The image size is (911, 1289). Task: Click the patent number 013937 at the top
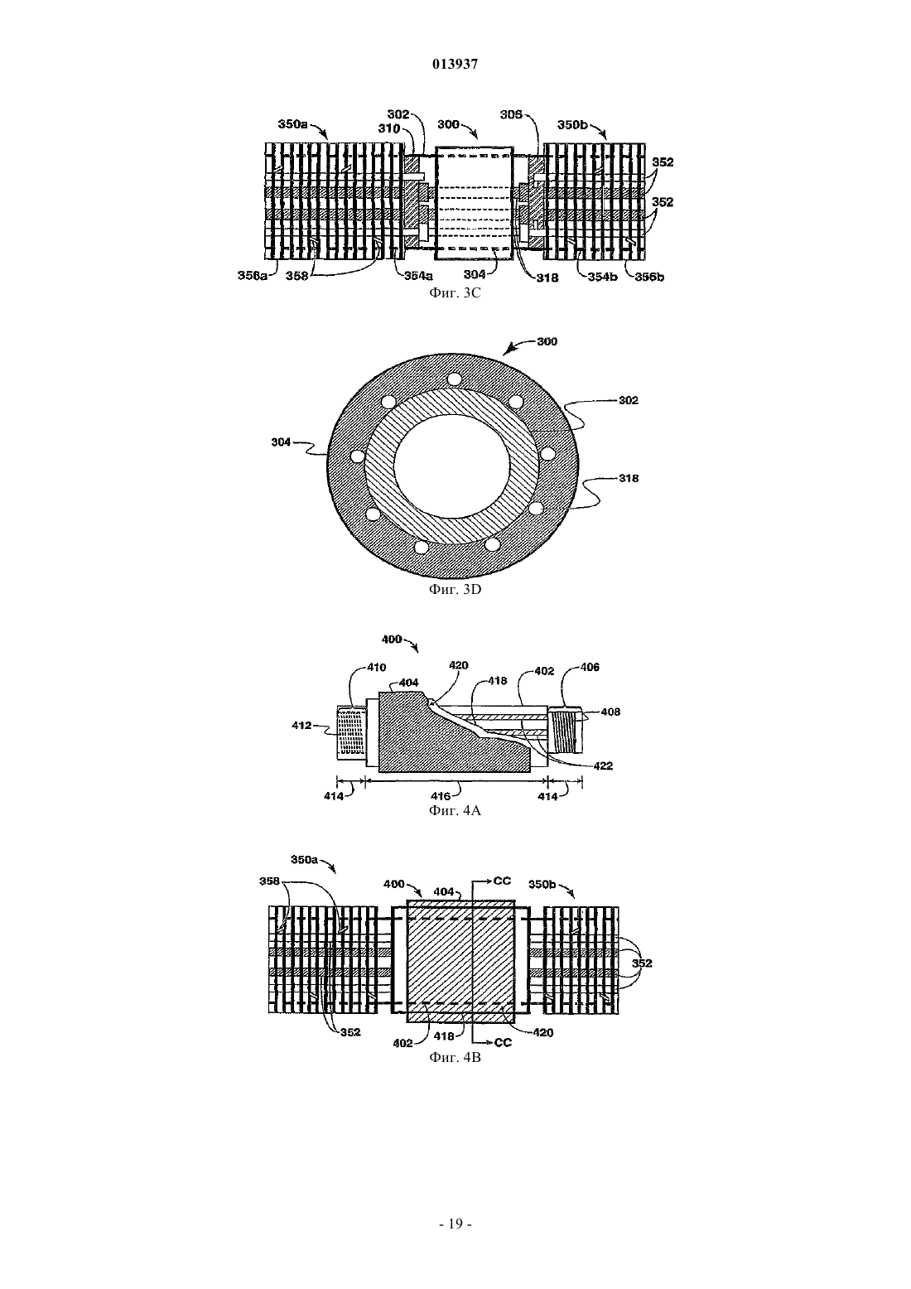tap(455, 65)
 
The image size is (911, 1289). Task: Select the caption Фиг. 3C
tap(455, 293)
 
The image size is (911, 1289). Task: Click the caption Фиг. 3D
tap(455, 589)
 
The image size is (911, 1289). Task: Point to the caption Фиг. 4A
tap(455, 811)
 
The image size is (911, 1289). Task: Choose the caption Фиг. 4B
tap(455, 1058)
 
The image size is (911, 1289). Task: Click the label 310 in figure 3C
tap(388, 128)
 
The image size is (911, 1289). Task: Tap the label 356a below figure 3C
tap(253, 276)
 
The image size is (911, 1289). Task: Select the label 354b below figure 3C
tap(602, 277)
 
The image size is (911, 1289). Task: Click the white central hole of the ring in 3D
tap(452, 463)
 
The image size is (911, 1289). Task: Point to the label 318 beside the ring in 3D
tap(629, 478)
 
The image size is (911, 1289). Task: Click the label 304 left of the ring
tap(282, 442)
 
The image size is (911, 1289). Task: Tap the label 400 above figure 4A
tap(393, 640)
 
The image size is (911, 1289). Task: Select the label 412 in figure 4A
tap(302, 726)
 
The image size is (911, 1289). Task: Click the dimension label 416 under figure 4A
tap(441, 796)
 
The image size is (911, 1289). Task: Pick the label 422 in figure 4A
tap(603, 766)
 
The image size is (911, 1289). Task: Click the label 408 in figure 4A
tap(610, 712)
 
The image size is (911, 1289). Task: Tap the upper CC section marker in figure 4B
tap(502, 881)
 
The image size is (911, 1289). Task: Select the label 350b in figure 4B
tap(542, 885)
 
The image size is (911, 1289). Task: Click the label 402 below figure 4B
tap(402, 1043)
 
